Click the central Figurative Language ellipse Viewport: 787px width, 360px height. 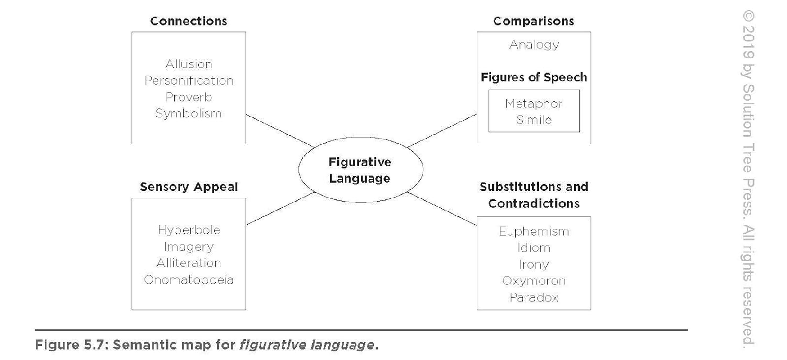[x=360, y=170]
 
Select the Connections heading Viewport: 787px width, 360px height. [x=189, y=21]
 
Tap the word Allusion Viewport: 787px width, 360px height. [x=189, y=64]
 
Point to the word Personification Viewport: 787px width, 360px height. [x=189, y=81]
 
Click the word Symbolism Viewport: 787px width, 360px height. [x=189, y=113]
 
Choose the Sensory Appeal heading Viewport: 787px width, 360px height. [x=189, y=187]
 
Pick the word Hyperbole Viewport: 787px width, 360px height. [x=189, y=230]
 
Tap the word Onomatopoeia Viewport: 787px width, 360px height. [x=189, y=279]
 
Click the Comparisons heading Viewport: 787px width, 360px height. [x=534, y=21]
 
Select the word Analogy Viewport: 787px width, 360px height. [x=534, y=45]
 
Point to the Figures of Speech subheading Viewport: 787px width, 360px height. [x=534, y=77]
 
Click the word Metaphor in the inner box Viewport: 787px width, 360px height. [x=534, y=103]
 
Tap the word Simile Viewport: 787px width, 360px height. [x=534, y=120]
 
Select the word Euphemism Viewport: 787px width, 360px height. [x=534, y=231]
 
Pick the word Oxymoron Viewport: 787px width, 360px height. [x=534, y=281]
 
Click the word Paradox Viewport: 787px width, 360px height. [x=534, y=297]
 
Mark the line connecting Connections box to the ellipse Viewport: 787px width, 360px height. [x=280, y=130]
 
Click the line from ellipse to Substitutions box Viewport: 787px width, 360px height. [x=442, y=209]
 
